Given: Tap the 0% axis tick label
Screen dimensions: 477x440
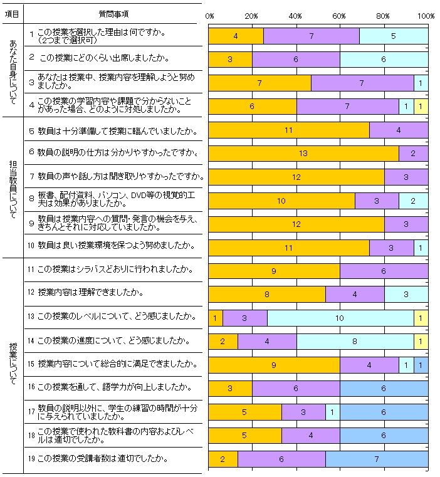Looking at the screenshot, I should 210,15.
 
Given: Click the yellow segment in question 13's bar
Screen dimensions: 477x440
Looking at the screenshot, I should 421,318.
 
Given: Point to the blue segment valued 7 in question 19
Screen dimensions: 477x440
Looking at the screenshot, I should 377,459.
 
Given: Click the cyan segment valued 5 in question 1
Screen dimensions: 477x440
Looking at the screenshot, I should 393,36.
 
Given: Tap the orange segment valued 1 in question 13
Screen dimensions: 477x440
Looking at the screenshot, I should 216,318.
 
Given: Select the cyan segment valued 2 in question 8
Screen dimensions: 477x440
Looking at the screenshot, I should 413,201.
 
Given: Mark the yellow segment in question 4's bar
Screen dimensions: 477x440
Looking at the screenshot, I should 421,107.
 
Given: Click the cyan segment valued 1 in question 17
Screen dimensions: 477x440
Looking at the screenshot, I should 332,412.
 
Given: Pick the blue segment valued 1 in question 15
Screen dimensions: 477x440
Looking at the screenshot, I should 421,365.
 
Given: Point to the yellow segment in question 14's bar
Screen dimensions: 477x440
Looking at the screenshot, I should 421,342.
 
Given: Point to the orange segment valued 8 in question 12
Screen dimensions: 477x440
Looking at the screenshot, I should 267,295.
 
